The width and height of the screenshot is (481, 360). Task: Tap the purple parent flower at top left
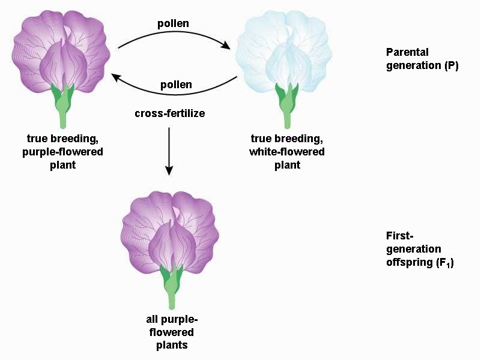62,54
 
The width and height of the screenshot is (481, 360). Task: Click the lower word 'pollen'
176,85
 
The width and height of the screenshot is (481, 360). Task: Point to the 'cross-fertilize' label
169,113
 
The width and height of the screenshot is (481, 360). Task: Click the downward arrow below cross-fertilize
169,150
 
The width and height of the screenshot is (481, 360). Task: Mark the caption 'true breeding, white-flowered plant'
286,152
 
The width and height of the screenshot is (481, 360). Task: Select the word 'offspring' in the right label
408,262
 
